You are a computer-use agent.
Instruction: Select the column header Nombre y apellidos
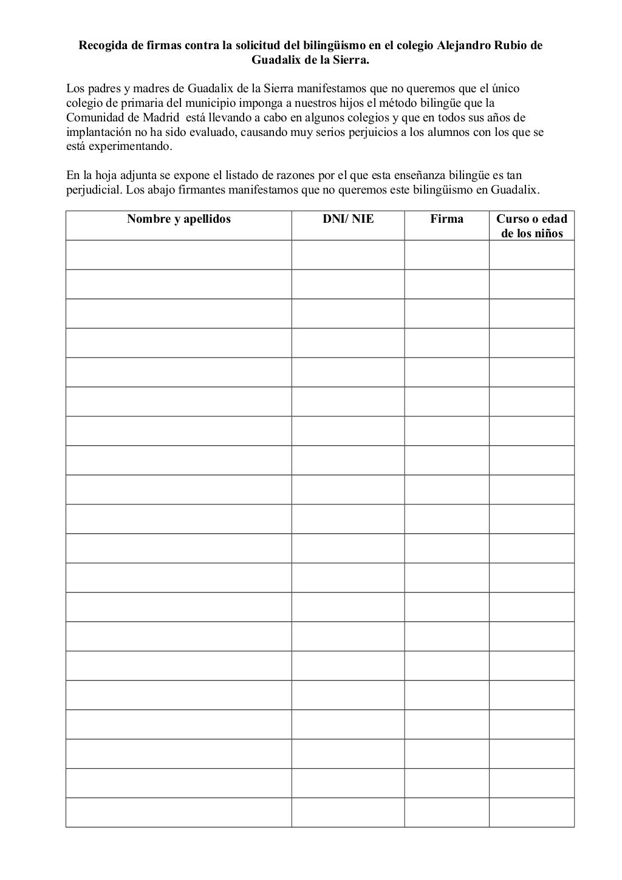pyautogui.click(x=179, y=219)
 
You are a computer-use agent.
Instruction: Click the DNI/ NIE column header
pyautogui.click(x=348, y=219)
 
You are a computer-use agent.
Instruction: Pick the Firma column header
pyautogui.click(x=446, y=219)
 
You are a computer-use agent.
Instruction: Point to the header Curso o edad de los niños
pyautogui.click(x=531, y=226)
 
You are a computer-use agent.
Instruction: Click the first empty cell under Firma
pyautogui.click(x=446, y=255)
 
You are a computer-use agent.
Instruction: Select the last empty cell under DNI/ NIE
pyautogui.click(x=348, y=812)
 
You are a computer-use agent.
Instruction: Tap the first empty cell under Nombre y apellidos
pyautogui.click(x=179, y=255)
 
